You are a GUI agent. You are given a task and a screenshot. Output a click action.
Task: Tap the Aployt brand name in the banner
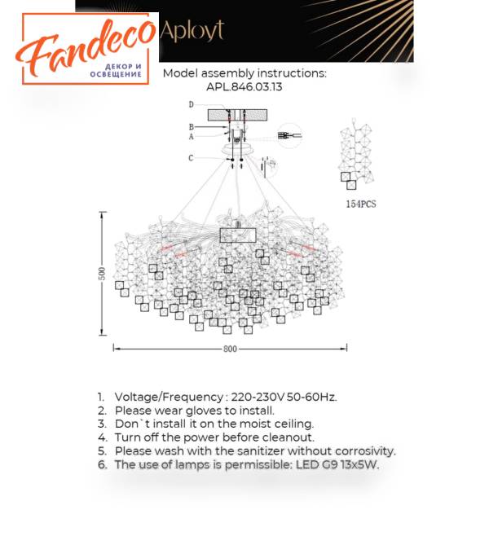(x=192, y=31)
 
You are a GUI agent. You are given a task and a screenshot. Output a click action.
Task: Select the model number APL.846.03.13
(x=244, y=87)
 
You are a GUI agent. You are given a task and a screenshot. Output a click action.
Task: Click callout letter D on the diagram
(x=192, y=104)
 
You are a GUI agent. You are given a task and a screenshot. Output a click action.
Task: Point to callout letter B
(x=192, y=127)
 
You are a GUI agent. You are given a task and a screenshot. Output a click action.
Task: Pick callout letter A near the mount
(x=192, y=137)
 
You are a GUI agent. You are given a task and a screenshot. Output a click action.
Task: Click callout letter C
(x=192, y=158)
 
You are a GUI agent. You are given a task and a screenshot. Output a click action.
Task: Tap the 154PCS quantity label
(x=361, y=204)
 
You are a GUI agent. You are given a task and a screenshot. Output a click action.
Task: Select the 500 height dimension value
(x=102, y=274)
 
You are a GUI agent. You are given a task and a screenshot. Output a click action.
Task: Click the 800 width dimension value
(x=230, y=349)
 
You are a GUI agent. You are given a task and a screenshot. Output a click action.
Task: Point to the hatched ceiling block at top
(x=237, y=116)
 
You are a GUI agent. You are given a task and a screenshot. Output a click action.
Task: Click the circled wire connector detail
(x=290, y=135)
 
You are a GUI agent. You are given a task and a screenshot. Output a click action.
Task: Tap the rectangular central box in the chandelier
(x=238, y=235)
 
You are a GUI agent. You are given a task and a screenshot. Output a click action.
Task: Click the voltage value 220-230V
(x=258, y=397)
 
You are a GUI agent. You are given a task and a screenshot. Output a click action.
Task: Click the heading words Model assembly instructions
(x=244, y=73)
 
